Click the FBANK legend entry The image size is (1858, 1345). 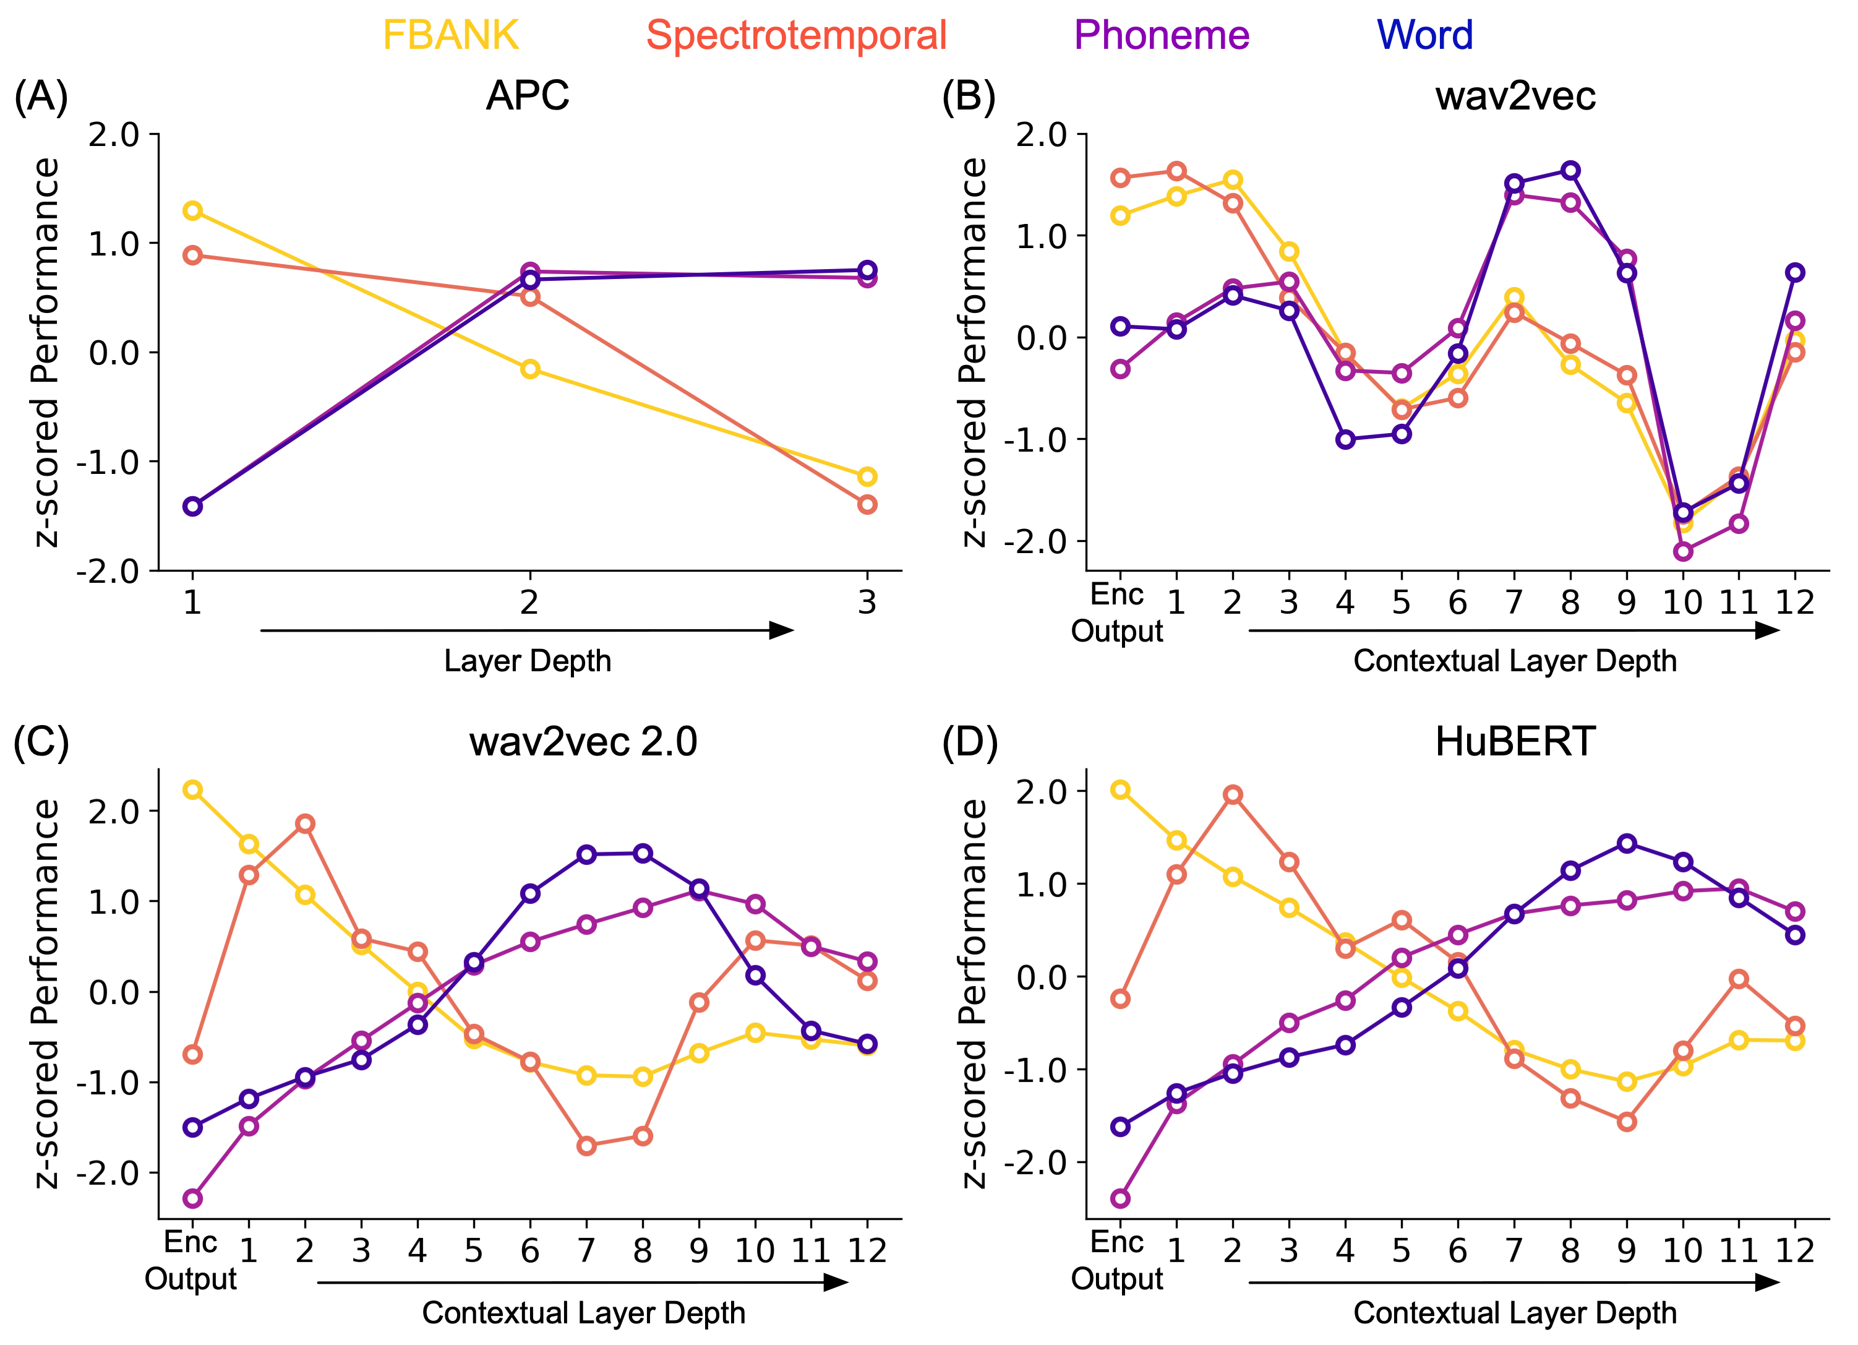tap(450, 35)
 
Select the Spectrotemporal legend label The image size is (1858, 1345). tap(796, 35)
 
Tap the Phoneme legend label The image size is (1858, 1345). tap(1162, 35)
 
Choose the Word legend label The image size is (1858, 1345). tap(1424, 35)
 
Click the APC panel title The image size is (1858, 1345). tap(528, 96)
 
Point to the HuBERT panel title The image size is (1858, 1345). tap(1515, 742)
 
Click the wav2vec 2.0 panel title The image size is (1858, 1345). tap(583, 742)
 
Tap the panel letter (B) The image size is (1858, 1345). tap(969, 96)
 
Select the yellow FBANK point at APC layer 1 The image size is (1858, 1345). tap(192, 210)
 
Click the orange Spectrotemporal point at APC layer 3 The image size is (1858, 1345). tap(867, 504)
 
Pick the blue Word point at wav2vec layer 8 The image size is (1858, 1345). tap(1570, 171)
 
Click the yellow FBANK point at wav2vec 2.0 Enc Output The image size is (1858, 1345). tap(192, 789)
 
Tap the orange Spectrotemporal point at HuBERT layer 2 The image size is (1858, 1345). tap(1232, 794)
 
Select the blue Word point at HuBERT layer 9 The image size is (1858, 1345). tap(1627, 843)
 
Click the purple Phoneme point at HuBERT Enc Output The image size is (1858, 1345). tap(1120, 1198)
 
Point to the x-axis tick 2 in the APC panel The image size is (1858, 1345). tap(529, 603)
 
